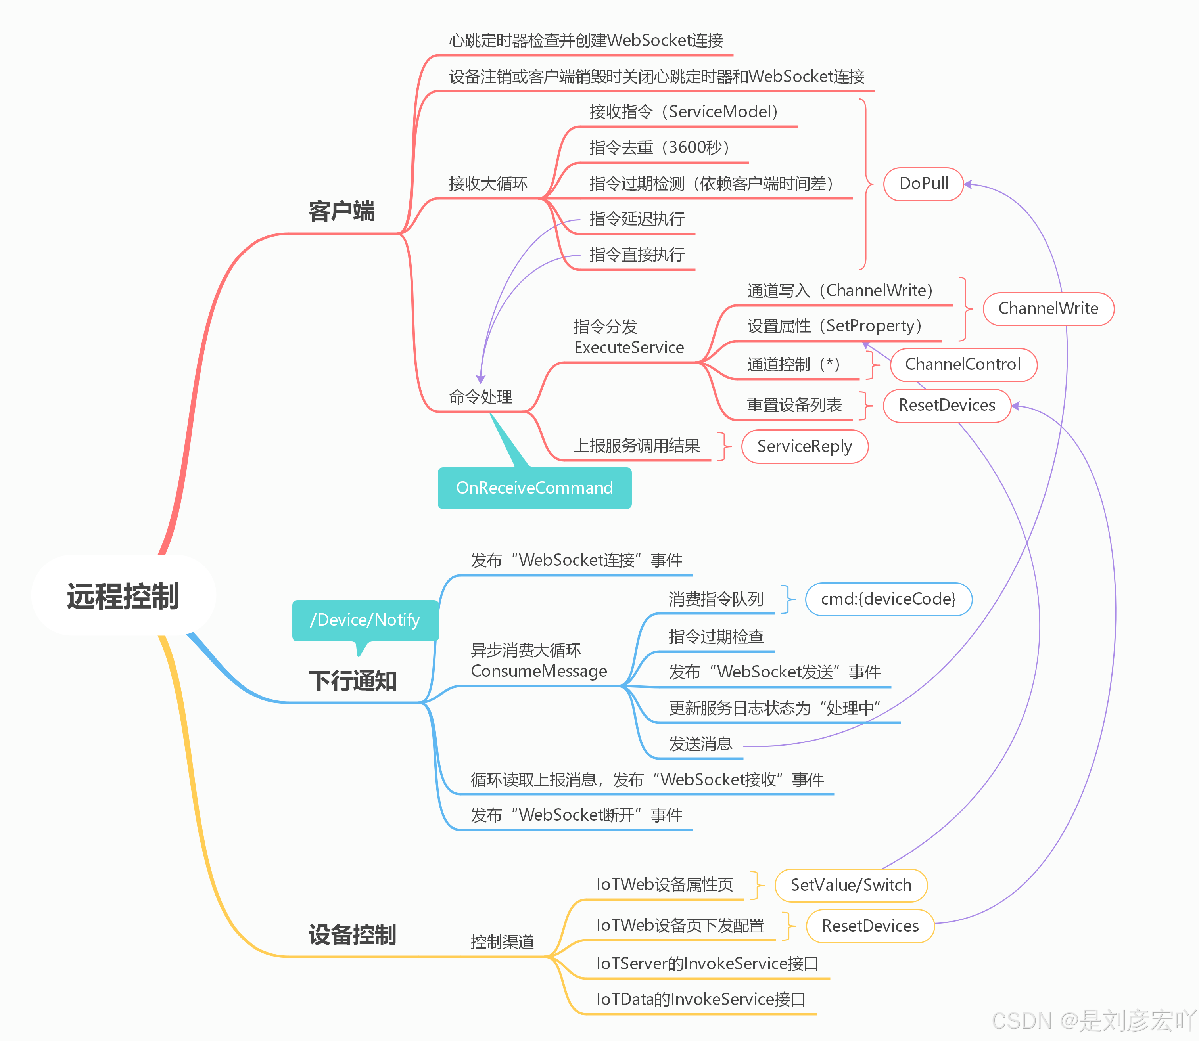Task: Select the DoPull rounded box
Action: pyautogui.click(x=923, y=184)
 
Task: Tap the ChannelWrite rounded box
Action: pyautogui.click(x=1048, y=308)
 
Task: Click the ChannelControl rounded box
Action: pyautogui.click(x=963, y=364)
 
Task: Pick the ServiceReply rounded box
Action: pyautogui.click(x=804, y=446)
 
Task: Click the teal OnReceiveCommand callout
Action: pyautogui.click(x=534, y=488)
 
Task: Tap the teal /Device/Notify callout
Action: pyautogui.click(x=365, y=620)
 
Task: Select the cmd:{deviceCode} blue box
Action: pyautogui.click(x=888, y=599)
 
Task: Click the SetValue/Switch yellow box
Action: pyautogui.click(x=851, y=885)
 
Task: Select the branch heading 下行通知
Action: pyautogui.click(x=352, y=681)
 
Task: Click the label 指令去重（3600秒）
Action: pyautogui.click(x=660, y=147)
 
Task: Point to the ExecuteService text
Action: pyautogui.click(x=629, y=347)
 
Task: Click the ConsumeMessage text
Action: pyautogui.click(x=539, y=671)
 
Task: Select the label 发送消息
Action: pyautogui.click(x=700, y=744)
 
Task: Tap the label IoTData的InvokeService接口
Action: pyautogui.click(x=700, y=999)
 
